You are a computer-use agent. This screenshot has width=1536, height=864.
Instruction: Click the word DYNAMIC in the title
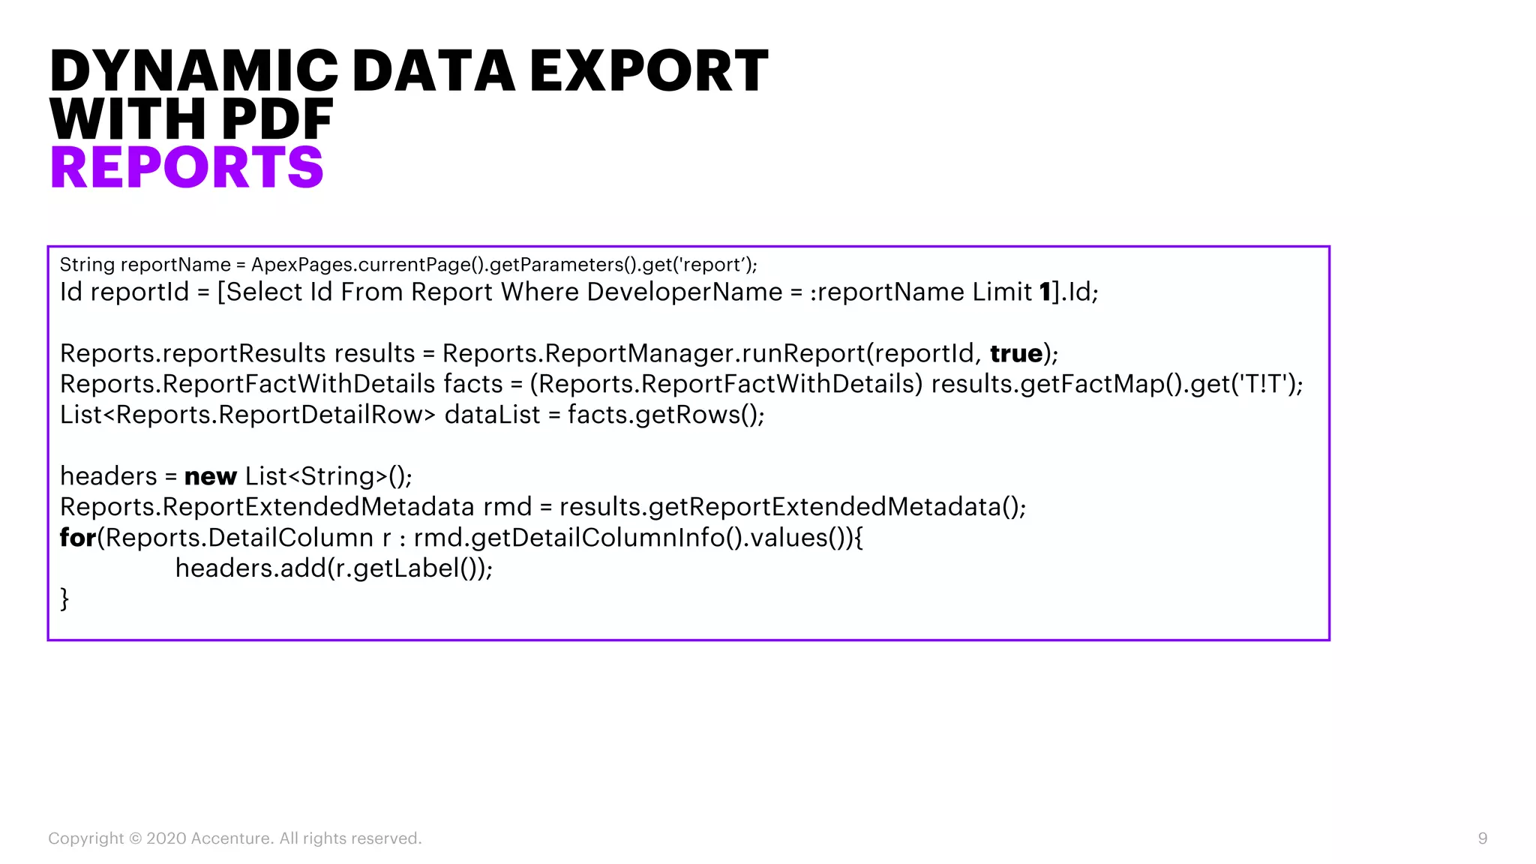pos(193,71)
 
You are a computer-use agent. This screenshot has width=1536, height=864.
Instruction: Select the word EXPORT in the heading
pos(649,71)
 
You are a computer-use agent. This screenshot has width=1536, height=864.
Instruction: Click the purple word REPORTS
pos(187,167)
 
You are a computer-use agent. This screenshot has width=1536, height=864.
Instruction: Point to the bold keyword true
pos(1016,353)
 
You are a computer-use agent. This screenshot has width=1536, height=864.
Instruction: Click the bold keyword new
pos(210,476)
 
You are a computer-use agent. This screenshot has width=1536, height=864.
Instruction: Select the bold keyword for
pos(78,538)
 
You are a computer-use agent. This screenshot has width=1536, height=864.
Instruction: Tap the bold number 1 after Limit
pos(1045,292)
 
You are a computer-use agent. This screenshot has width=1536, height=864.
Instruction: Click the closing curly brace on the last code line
pos(64,599)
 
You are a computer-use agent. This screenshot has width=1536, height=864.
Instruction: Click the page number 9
pos(1482,838)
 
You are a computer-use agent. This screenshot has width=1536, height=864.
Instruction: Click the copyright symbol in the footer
pos(135,838)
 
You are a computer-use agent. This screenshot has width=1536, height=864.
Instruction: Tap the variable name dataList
pos(492,415)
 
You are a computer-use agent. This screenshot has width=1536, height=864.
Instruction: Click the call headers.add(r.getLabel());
pos(334,568)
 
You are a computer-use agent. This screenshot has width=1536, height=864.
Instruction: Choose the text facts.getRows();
pos(666,415)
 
